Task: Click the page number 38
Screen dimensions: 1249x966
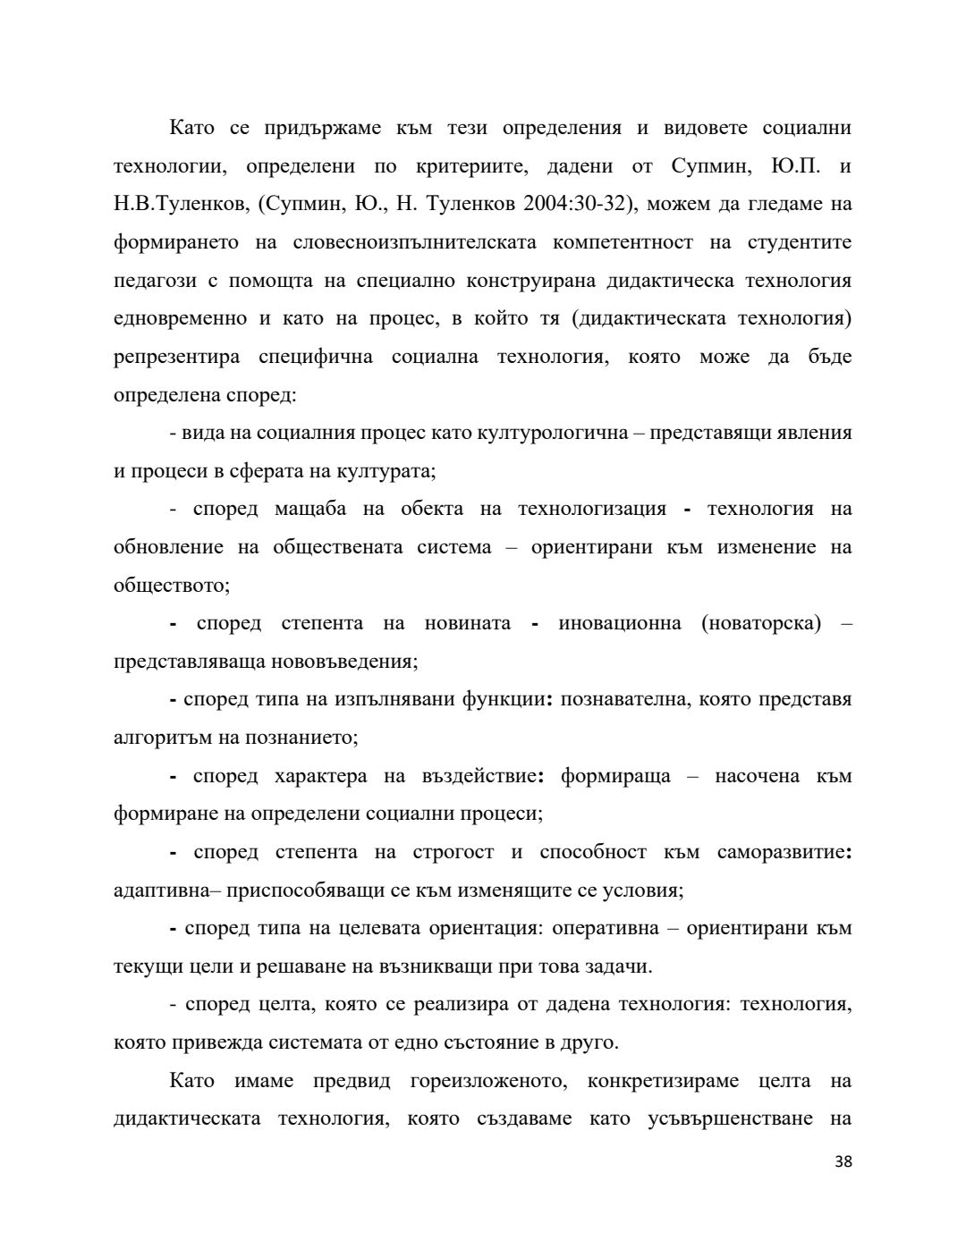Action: tap(843, 1161)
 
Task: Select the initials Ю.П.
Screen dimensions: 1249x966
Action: tap(790, 166)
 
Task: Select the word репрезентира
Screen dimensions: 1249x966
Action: tap(177, 357)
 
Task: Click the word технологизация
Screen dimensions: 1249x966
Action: tap(592, 509)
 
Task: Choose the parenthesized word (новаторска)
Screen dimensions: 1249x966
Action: tap(761, 623)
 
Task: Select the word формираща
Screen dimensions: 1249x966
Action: tap(615, 775)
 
